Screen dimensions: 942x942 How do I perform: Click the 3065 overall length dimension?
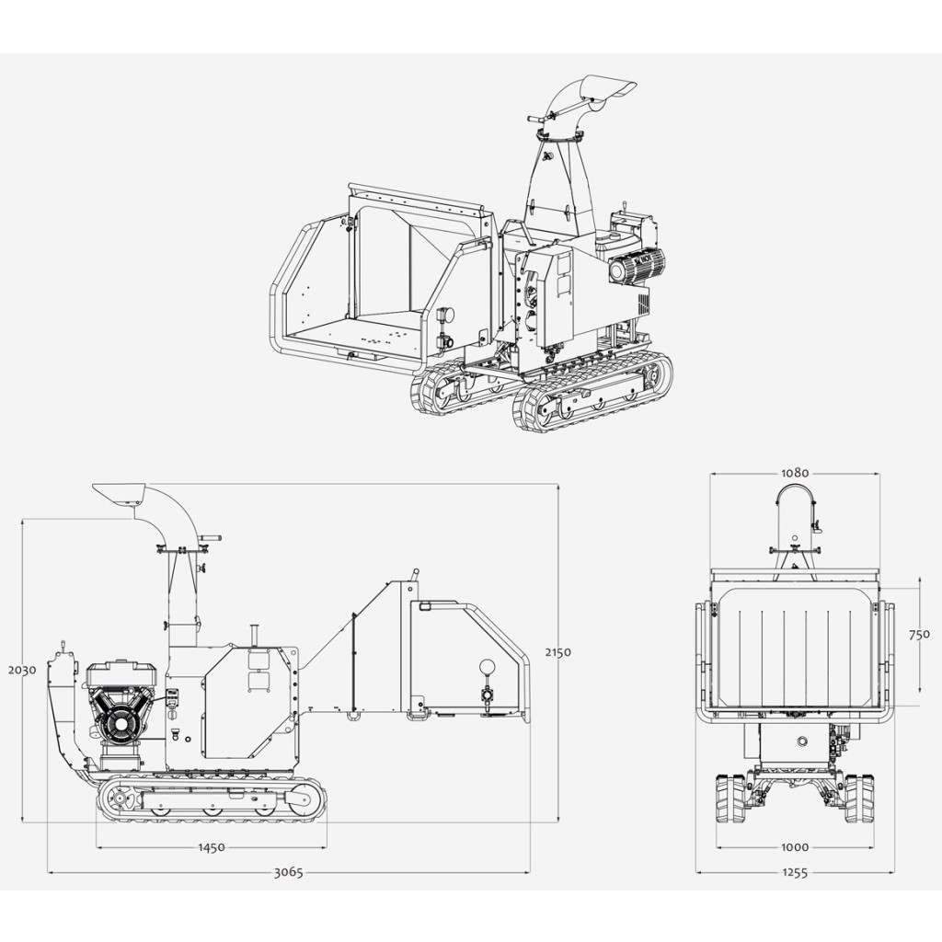tap(288, 872)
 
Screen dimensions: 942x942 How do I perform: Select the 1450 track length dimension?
tap(212, 847)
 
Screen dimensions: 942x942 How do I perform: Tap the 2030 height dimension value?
tap(22, 670)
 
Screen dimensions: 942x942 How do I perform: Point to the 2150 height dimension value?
tap(558, 652)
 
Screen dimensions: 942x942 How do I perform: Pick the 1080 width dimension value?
tap(795, 474)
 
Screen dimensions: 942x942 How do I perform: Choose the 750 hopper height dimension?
tap(919, 635)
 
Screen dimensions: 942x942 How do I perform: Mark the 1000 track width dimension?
tap(795, 847)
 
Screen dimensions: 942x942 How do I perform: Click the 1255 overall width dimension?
tap(795, 872)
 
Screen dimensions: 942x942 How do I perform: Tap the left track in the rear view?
tap(731, 798)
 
